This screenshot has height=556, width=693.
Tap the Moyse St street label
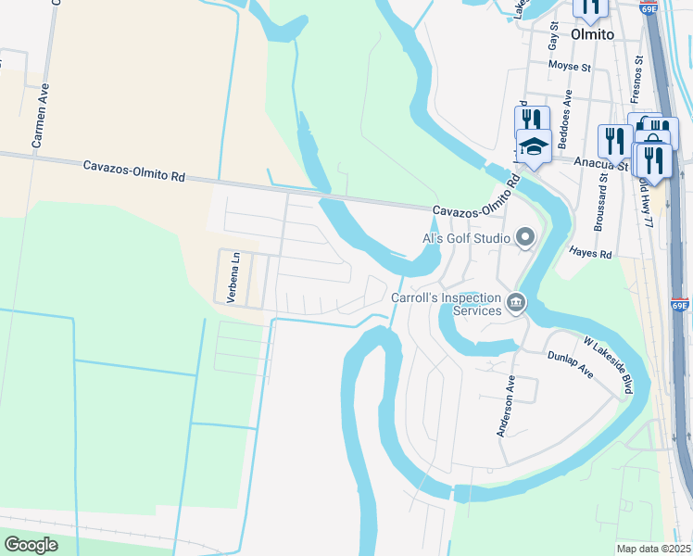(569, 67)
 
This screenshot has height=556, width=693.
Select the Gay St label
(554, 38)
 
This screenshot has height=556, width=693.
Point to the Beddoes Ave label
(568, 110)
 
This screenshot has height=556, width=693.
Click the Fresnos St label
(637, 78)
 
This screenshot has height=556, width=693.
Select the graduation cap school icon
(534, 149)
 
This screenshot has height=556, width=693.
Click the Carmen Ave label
(41, 117)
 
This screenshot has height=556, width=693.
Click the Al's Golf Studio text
(467, 239)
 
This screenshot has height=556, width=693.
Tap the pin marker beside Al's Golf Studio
(525, 239)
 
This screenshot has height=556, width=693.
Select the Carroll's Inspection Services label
(445, 305)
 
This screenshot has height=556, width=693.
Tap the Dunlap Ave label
(569, 362)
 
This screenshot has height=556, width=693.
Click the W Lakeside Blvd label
(609, 365)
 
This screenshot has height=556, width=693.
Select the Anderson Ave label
(506, 406)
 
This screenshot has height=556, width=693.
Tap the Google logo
(31, 544)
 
